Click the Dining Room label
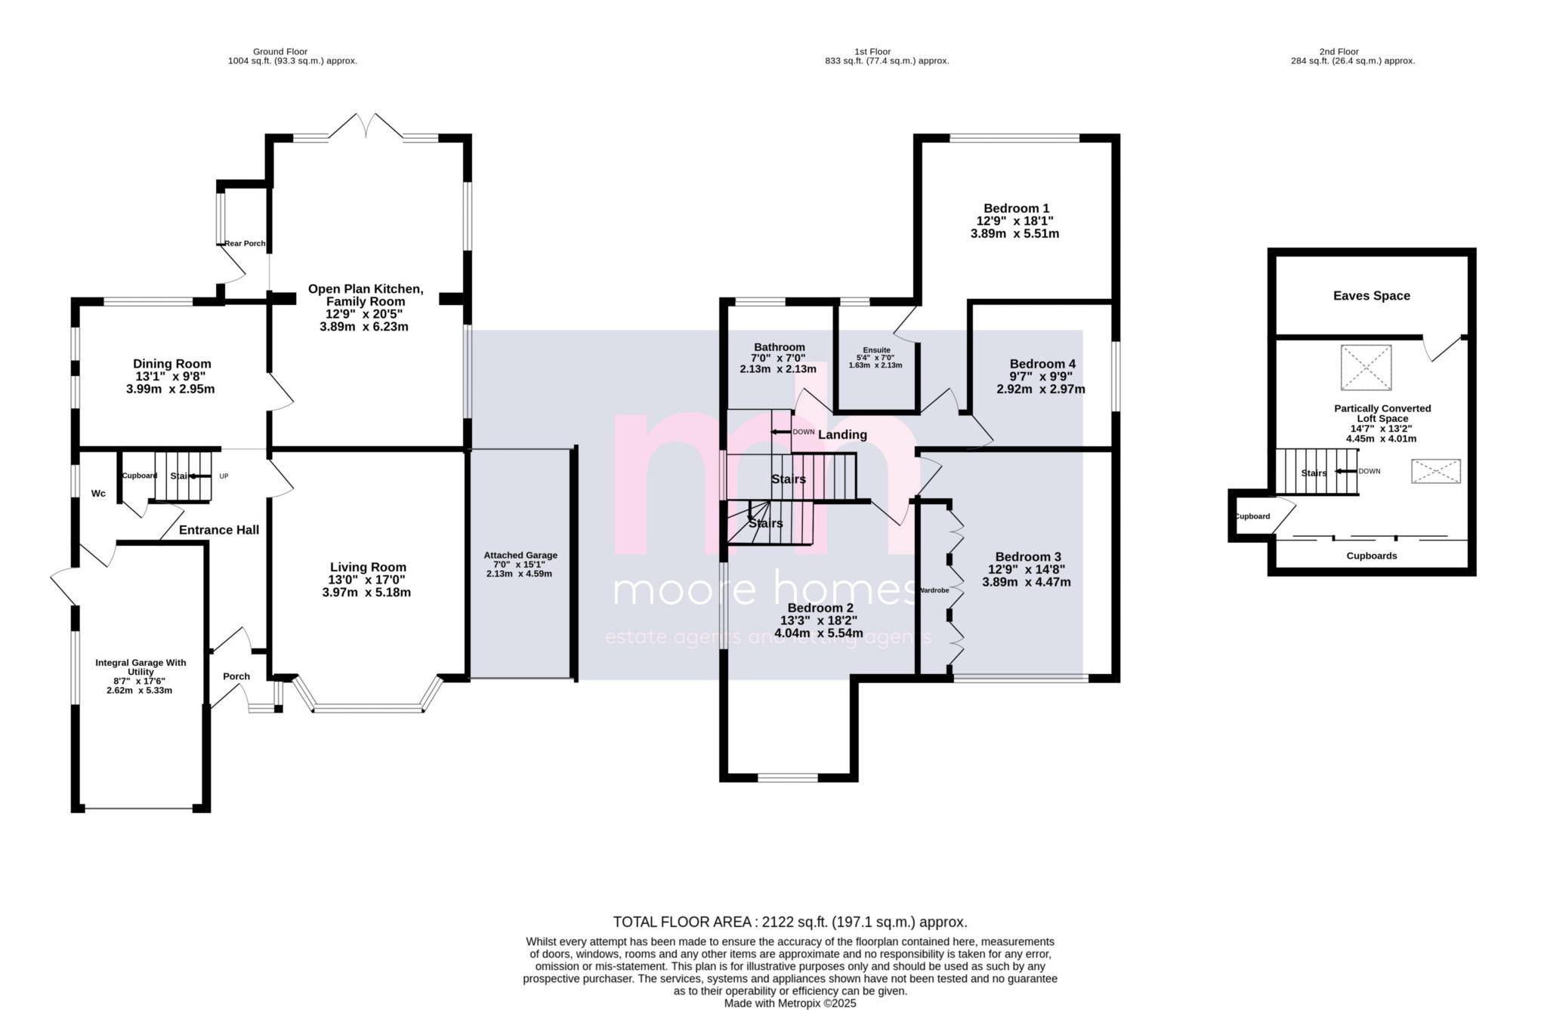click(171, 364)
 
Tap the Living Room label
click(368, 567)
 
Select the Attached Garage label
click(520, 556)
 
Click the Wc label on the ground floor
click(98, 494)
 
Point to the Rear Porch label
click(245, 244)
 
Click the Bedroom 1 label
click(1016, 208)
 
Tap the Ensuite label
click(876, 350)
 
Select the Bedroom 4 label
click(1042, 364)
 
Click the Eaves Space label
click(1371, 296)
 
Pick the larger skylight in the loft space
click(1366, 368)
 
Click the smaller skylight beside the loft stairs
click(1435, 472)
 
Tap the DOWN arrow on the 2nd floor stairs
click(1344, 471)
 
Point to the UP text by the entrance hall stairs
click(224, 476)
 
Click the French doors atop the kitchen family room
click(366, 125)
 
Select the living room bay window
click(367, 707)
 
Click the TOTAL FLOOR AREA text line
click(789, 922)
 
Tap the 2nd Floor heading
click(1339, 52)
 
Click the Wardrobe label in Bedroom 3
click(933, 590)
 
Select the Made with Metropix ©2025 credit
click(789, 1003)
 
